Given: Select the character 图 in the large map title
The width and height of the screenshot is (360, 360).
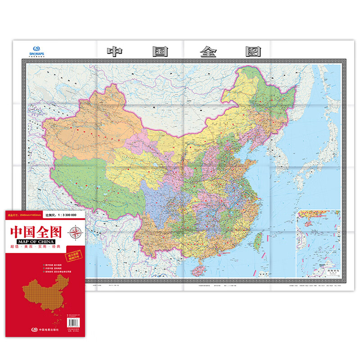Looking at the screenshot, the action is pos(253,51).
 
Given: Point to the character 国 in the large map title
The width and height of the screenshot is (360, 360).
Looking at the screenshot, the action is pos(160,51).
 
